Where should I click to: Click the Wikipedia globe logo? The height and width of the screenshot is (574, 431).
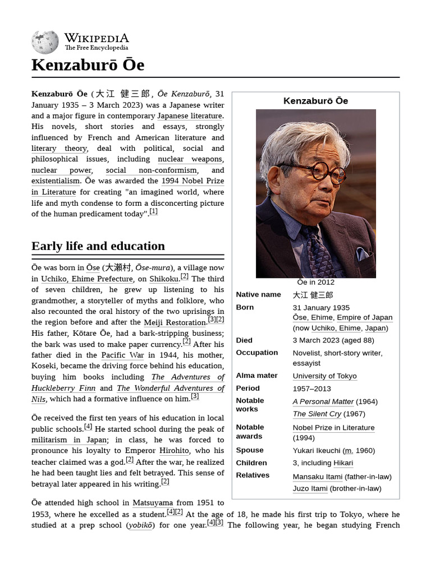pos(45,42)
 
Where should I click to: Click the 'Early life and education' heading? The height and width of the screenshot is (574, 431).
pos(98,246)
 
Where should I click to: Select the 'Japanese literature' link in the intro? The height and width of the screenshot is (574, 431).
pos(190,116)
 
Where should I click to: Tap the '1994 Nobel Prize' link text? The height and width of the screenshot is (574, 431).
pos(192,181)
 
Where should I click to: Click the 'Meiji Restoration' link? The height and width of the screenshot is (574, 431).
pos(175,323)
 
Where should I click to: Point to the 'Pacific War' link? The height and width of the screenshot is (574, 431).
pos(122,355)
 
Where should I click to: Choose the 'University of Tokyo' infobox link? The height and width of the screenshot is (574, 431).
pos(324,376)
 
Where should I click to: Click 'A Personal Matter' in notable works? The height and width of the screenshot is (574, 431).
pos(323,402)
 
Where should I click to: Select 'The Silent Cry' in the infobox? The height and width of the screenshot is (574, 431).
pos(317,414)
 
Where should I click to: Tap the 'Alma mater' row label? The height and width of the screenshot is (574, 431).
pos(256,376)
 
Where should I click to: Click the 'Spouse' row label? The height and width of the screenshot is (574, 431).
pos(250,450)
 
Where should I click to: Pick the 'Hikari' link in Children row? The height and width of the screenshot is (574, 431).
pos(343,463)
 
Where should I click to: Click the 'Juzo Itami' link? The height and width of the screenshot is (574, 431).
pos(310,489)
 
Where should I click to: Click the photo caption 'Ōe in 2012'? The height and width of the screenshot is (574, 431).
pos(315,283)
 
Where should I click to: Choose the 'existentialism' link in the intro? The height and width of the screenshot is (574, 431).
pos(56,181)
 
